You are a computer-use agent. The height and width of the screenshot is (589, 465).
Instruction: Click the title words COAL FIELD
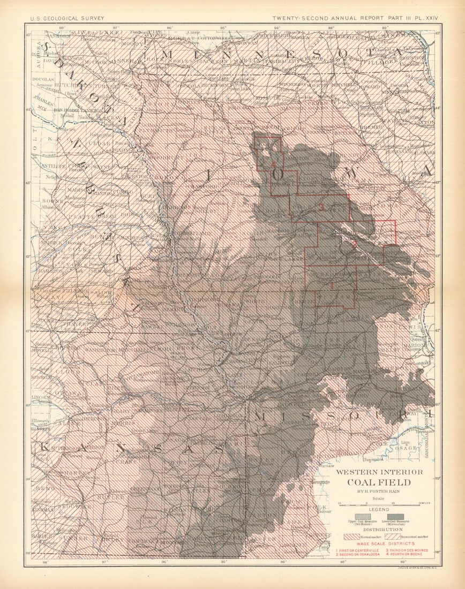tap(379, 482)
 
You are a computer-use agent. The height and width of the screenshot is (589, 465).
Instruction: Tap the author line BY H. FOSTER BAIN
tap(379, 492)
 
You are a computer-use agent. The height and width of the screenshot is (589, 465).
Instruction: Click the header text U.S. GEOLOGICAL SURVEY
tap(67, 18)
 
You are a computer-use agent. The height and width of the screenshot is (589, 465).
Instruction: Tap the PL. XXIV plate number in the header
tap(426, 18)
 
